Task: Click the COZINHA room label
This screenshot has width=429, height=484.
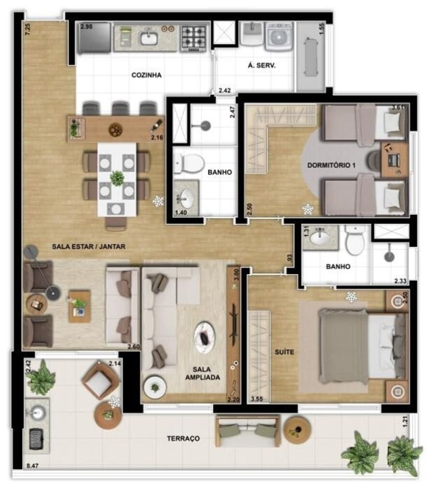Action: [x=146, y=75]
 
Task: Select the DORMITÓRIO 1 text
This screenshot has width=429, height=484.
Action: [x=331, y=165]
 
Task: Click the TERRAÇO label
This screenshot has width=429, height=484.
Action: [x=183, y=439]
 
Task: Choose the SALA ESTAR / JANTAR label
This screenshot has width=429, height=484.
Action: [x=89, y=246]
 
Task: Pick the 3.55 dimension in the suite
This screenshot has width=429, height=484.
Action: [x=259, y=400]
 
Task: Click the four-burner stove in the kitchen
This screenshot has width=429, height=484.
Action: [x=194, y=37]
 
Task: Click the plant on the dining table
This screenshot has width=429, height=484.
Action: [x=117, y=178]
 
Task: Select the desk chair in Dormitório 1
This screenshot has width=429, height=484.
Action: [x=374, y=161]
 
